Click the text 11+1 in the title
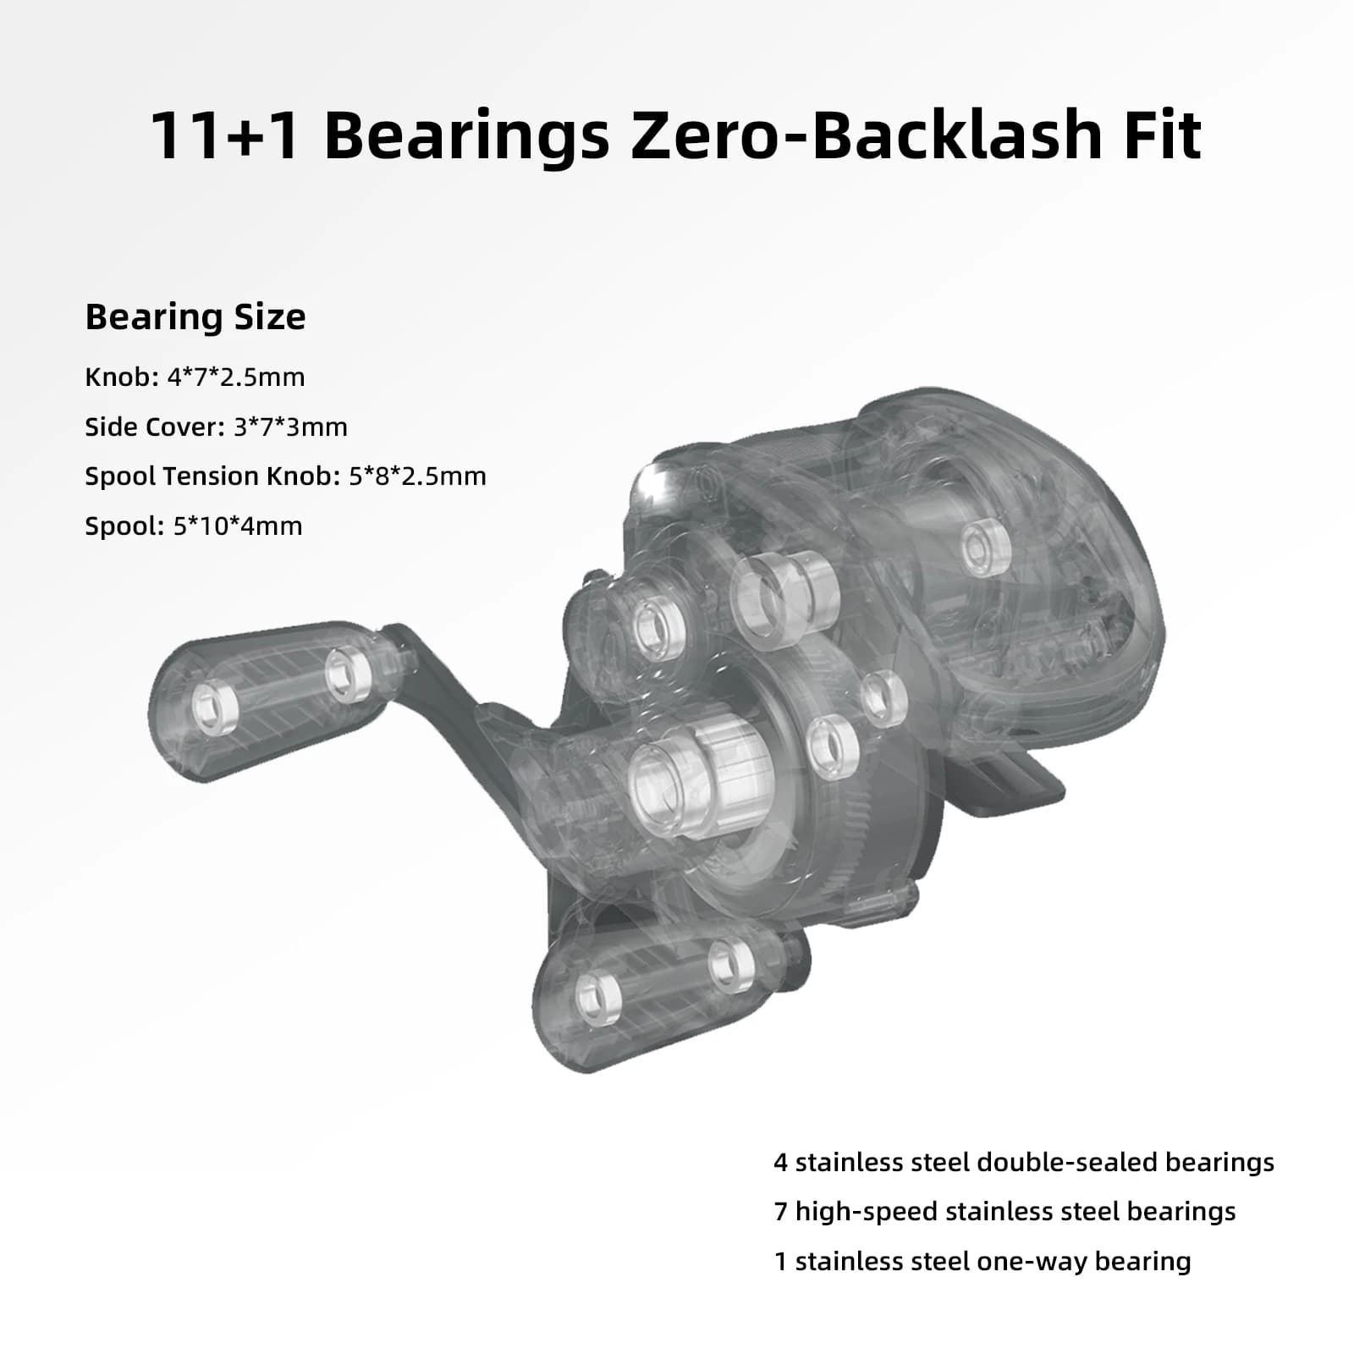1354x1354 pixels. click(226, 135)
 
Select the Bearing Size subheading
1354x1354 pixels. click(195, 317)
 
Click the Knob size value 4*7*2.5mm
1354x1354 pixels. click(236, 377)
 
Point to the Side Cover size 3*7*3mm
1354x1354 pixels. click(290, 427)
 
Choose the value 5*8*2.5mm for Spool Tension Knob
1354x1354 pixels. click(417, 476)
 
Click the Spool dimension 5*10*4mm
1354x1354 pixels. click(238, 526)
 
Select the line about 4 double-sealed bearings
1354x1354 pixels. click(1024, 1163)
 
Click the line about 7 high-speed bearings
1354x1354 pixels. click(1004, 1212)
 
